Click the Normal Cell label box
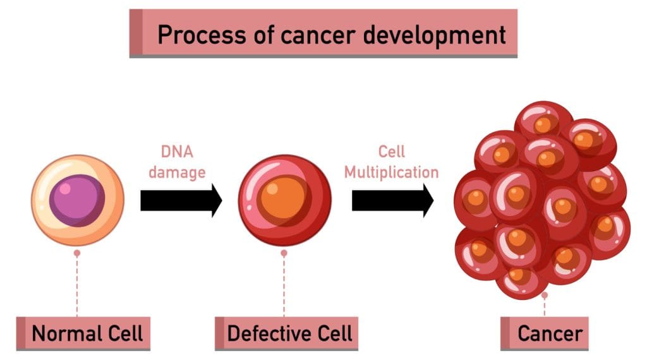click(x=83, y=333)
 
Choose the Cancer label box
click(x=545, y=333)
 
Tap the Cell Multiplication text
click(x=391, y=162)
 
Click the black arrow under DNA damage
click(x=181, y=201)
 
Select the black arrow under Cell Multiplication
click(x=392, y=201)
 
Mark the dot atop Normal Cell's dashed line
click(x=77, y=253)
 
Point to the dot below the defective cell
click(x=284, y=253)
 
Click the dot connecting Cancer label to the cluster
click(x=545, y=295)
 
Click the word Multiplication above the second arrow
click(x=391, y=172)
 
